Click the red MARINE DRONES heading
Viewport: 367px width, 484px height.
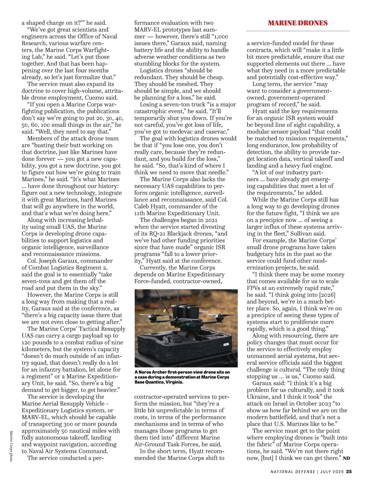(x=298, y=23)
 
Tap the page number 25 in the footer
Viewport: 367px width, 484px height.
(x=349, y=471)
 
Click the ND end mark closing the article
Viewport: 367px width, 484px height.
(x=346, y=458)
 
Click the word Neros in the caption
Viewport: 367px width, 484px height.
(x=146, y=372)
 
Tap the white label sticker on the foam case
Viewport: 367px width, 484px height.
(x=226, y=344)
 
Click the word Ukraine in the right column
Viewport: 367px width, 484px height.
(x=259, y=397)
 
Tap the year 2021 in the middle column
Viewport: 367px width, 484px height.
(x=210, y=220)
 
